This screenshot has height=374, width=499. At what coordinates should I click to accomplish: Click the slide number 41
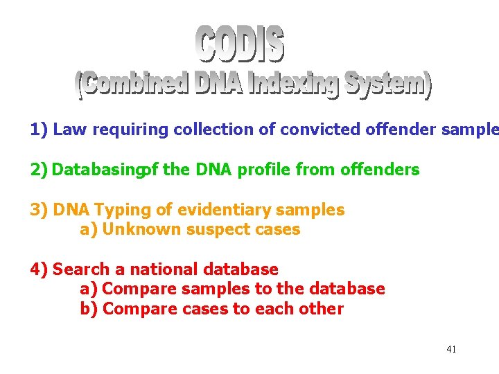pos(451,349)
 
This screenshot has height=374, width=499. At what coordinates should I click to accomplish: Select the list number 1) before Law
pos(39,130)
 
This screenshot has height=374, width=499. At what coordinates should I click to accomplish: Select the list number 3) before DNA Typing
pos(39,210)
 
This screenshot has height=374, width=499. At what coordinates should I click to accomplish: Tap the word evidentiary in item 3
pos(209,210)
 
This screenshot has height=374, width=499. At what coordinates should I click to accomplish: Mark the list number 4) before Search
pos(39,269)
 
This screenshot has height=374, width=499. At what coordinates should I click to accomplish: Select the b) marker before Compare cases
pos(89,309)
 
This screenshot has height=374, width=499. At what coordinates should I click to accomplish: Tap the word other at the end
pos(322,309)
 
